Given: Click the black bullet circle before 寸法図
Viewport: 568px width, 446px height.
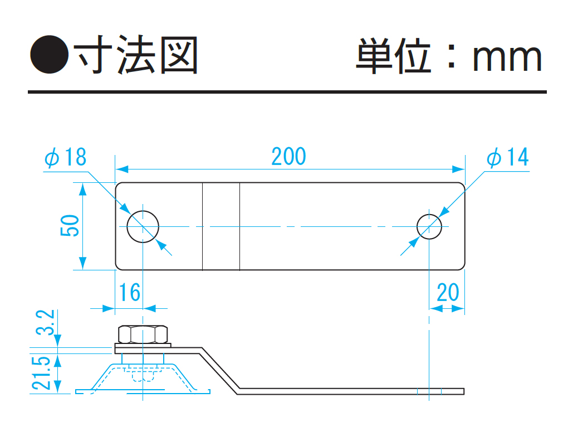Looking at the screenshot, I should click(x=48, y=56).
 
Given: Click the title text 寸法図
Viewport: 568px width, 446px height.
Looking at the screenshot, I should click(x=137, y=56).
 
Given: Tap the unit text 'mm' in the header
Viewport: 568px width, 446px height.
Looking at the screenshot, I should click(x=507, y=57).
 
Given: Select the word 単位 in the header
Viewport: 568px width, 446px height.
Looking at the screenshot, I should click(x=393, y=56).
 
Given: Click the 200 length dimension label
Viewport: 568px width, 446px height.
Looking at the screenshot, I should click(x=288, y=157).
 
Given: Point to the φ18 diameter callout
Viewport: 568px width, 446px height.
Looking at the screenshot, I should click(x=66, y=158).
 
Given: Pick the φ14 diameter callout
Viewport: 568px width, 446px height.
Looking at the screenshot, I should click(x=507, y=158).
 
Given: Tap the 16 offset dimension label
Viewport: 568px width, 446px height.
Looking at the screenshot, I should click(x=129, y=292).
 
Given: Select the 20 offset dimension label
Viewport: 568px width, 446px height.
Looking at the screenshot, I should click(x=448, y=292).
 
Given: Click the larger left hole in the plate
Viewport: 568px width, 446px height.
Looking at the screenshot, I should click(x=143, y=226).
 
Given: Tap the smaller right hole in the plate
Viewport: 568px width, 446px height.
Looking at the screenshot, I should click(x=430, y=226).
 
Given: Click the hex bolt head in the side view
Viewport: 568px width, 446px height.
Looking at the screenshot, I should click(x=143, y=334).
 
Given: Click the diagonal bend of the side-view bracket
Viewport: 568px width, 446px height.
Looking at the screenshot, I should click(x=220, y=369).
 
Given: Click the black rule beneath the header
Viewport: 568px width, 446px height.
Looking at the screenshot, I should click(x=287, y=91).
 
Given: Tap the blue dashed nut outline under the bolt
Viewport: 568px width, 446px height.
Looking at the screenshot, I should click(x=143, y=375).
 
